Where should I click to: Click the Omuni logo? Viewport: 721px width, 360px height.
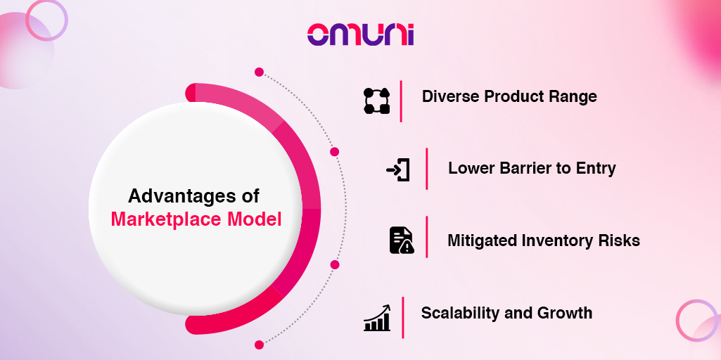point(360,34)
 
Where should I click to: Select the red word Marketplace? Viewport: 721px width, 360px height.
point(167,219)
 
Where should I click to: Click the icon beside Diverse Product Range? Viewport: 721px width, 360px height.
point(376,101)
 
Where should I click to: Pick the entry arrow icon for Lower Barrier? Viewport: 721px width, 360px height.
point(397,170)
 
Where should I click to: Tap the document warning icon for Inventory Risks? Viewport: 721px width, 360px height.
point(402,240)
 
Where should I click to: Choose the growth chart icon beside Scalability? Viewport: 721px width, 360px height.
point(377,318)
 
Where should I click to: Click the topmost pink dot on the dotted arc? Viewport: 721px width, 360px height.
point(259,72)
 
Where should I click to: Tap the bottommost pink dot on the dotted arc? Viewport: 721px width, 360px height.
point(259,345)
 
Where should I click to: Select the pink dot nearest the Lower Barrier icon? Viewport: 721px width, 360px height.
point(334,152)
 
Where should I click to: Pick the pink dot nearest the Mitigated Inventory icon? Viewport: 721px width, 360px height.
point(335,264)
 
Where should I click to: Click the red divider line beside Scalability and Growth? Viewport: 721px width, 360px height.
point(403,318)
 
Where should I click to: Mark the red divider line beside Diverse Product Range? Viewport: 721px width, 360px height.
point(401,101)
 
